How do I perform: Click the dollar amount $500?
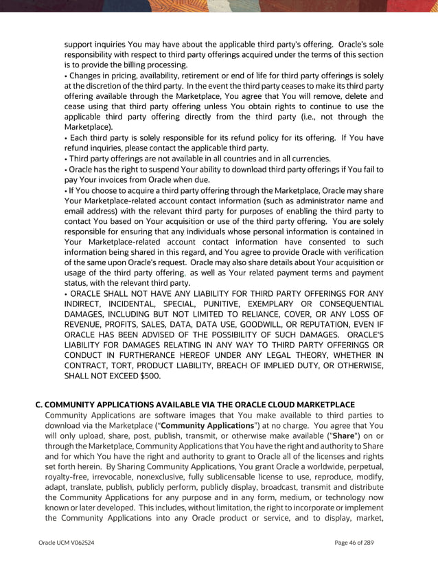tap(146, 376)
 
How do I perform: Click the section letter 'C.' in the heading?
tap(39, 405)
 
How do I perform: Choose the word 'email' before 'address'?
tap(76, 210)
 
